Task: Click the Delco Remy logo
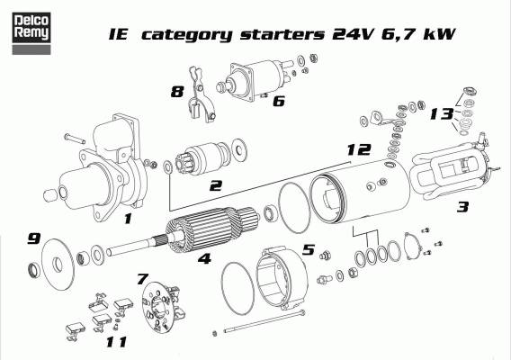[x=31, y=33]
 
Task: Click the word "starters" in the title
[x=282, y=34]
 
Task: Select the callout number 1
[x=128, y=219]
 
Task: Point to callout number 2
[x=216, y=186]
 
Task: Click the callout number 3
[x=463, y=207]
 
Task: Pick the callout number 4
[x=204, y=259]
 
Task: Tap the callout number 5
[x=309, y=250]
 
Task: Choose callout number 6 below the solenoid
[x=279, y=101]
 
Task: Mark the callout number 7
[x=143, y=279]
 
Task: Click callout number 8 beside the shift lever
[x=177, y=92]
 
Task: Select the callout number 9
[x=33, y=238]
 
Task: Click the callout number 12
[x=359, y=149]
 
